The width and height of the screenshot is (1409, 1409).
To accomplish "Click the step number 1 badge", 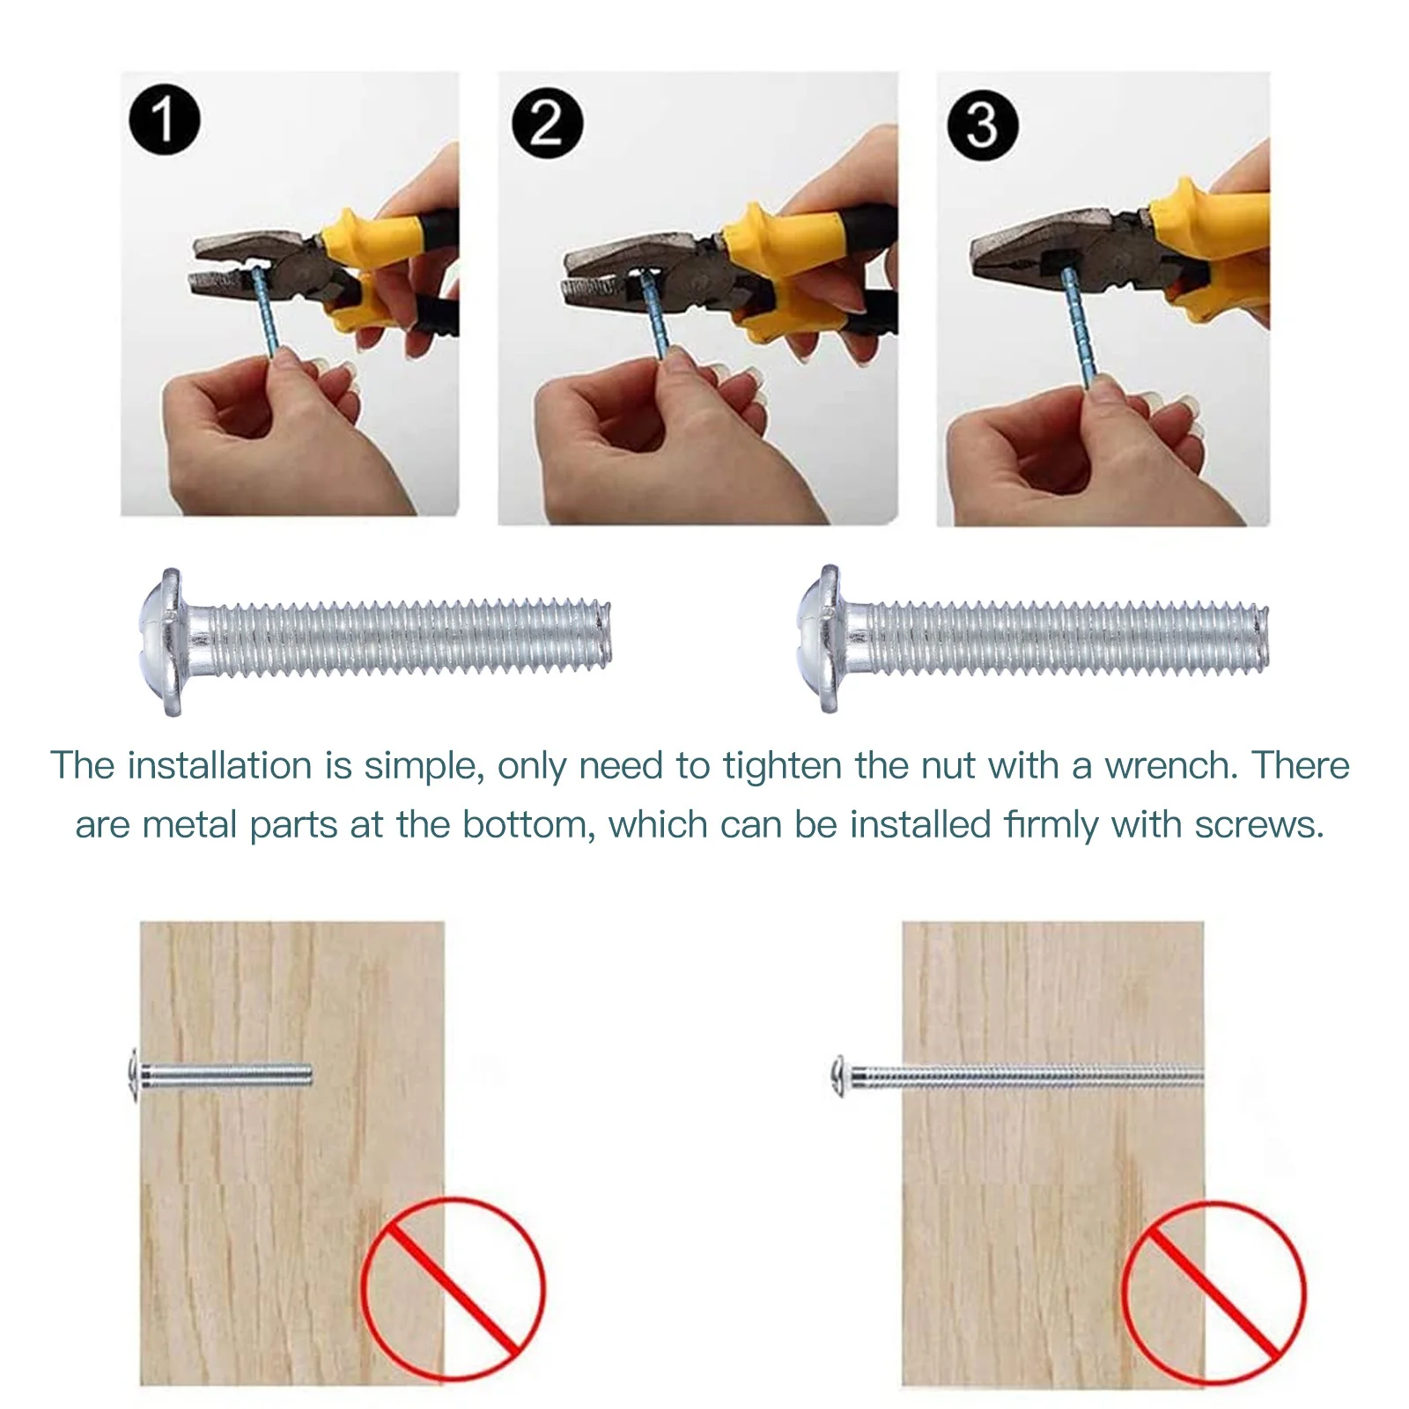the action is coord(164,120).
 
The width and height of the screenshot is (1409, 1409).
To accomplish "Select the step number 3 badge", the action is coord(982,124).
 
